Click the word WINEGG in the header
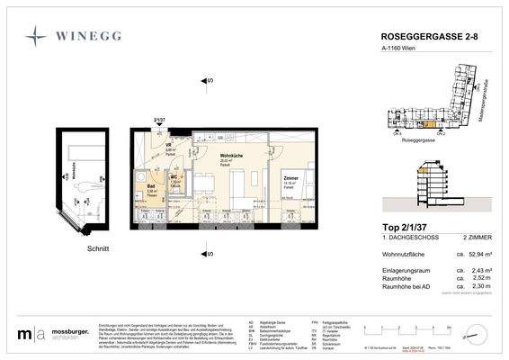pyautogui.click(x=90, y=36)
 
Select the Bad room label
pyautogui.click(x=152, y=186)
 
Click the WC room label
pyautogui.click(x=176, y=177)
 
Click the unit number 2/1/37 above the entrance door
pyautogui.click(x=159, y=119)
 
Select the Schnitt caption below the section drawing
pyautogui.click(x=98, y=248)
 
